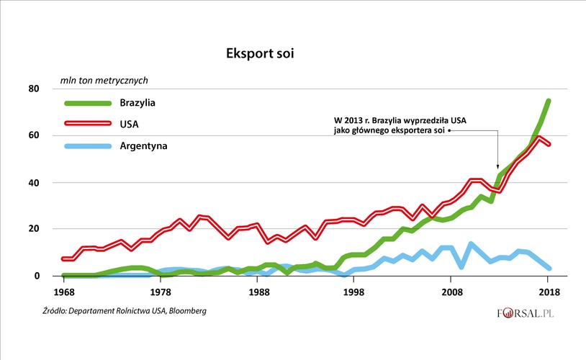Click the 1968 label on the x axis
[63, 293]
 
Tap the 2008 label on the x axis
[451, 293]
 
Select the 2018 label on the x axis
[549, 293]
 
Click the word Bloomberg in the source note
[184, 311]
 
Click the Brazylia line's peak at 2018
[548, 101]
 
